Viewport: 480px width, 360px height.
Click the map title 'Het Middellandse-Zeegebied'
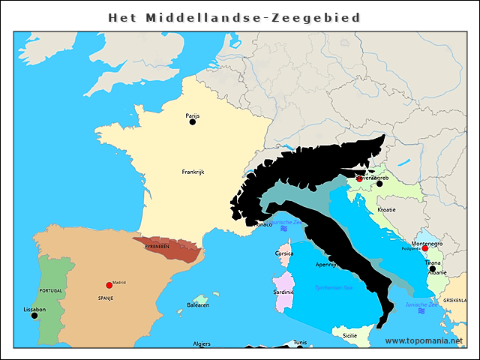[x=234, y=17]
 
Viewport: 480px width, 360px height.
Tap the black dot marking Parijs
[x=193, y=121]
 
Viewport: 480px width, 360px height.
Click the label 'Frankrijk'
[x=193, y=172]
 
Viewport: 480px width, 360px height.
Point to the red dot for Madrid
[x=109, y=285]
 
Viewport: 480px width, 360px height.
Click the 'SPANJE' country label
[x=104, y=298]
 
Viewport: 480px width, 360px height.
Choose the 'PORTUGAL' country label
[x=51, y=290]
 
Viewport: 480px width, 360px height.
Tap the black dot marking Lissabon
[x=34, y=316]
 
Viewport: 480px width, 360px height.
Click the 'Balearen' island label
[x=198, y=305]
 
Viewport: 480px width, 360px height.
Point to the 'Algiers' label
[x=202, y=343]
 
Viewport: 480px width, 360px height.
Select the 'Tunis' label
[x=300, y=343]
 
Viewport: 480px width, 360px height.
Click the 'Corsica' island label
[x=284, y=253]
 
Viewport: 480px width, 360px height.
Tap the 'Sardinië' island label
[x=283, y=292]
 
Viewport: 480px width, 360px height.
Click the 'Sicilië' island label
[x=349, y=336]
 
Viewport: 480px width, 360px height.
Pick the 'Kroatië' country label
[x=386, y=209]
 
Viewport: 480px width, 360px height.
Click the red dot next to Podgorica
[x=424, y=249]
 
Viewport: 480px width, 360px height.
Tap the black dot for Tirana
[x=432, y=268]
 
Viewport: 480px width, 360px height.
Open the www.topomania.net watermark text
[x=424, y=340]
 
